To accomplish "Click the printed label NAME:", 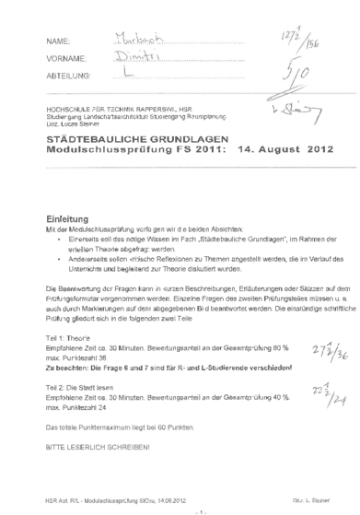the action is tap(57, 42).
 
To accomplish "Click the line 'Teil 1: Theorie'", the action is tap(69, 338).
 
